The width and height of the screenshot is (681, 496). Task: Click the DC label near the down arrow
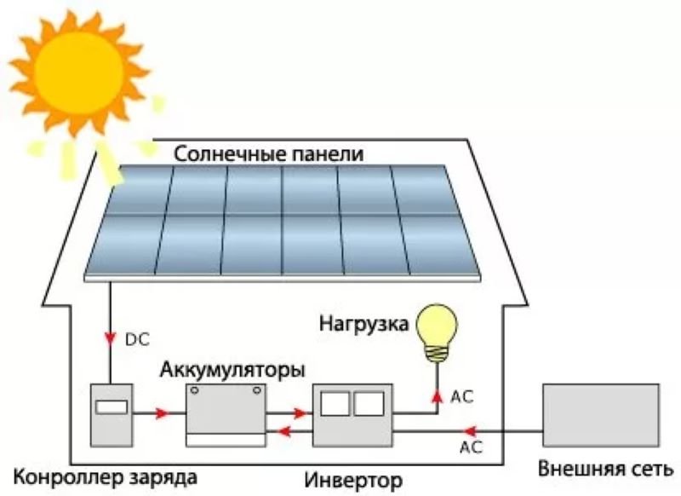(x=136, y=339)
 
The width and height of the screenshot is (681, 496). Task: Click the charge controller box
(x=112, y=414)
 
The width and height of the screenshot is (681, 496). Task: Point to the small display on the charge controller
(x=112, y=407)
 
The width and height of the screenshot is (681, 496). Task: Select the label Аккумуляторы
(x=232, y=372)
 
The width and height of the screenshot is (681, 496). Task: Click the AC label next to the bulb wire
(x=462, y=396)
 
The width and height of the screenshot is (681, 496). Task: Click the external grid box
(x=601, y=415)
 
